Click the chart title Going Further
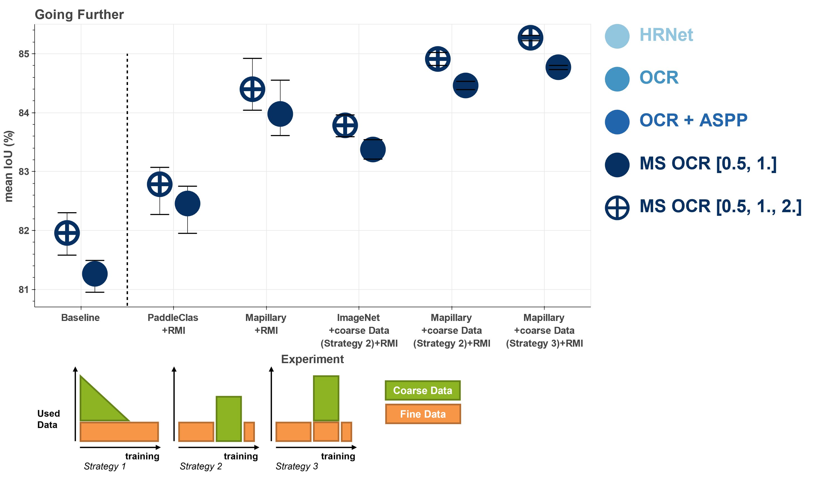79,15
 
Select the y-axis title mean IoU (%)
9,166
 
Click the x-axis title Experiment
312,359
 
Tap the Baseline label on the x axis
80,318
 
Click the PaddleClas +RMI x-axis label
173,324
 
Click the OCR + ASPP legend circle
617,122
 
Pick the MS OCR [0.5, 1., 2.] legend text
720,206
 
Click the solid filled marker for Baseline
95,274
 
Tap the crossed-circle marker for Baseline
67,233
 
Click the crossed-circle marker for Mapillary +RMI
252,89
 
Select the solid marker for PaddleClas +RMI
188,204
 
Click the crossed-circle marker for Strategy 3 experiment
530,38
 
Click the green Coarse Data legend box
423,391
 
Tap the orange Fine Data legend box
423,414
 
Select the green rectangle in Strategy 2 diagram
229,419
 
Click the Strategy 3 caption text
297,466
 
